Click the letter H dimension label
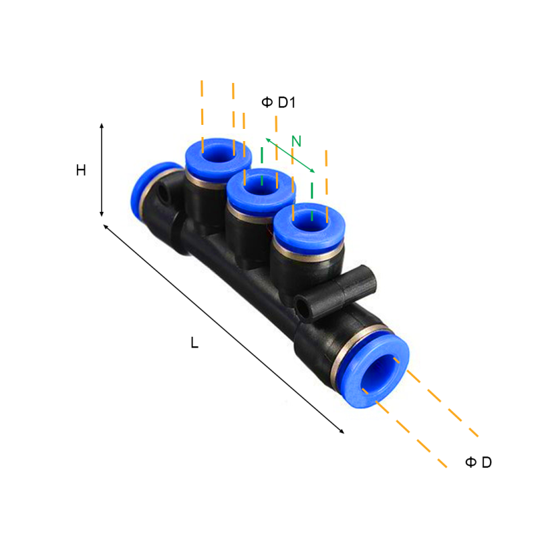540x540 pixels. click(x=81, y=171)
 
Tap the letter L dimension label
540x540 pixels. click(x=194, y=343)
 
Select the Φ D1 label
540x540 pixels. click(x=279, y=103)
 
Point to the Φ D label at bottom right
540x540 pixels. click(x=479, y=462)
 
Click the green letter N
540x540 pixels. click(x=296, y=141)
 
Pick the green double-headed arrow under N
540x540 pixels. click(x=290, y=155)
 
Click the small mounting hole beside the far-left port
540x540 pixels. click(x=164, y=196)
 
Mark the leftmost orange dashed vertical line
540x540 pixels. click(x=202, y=115)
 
